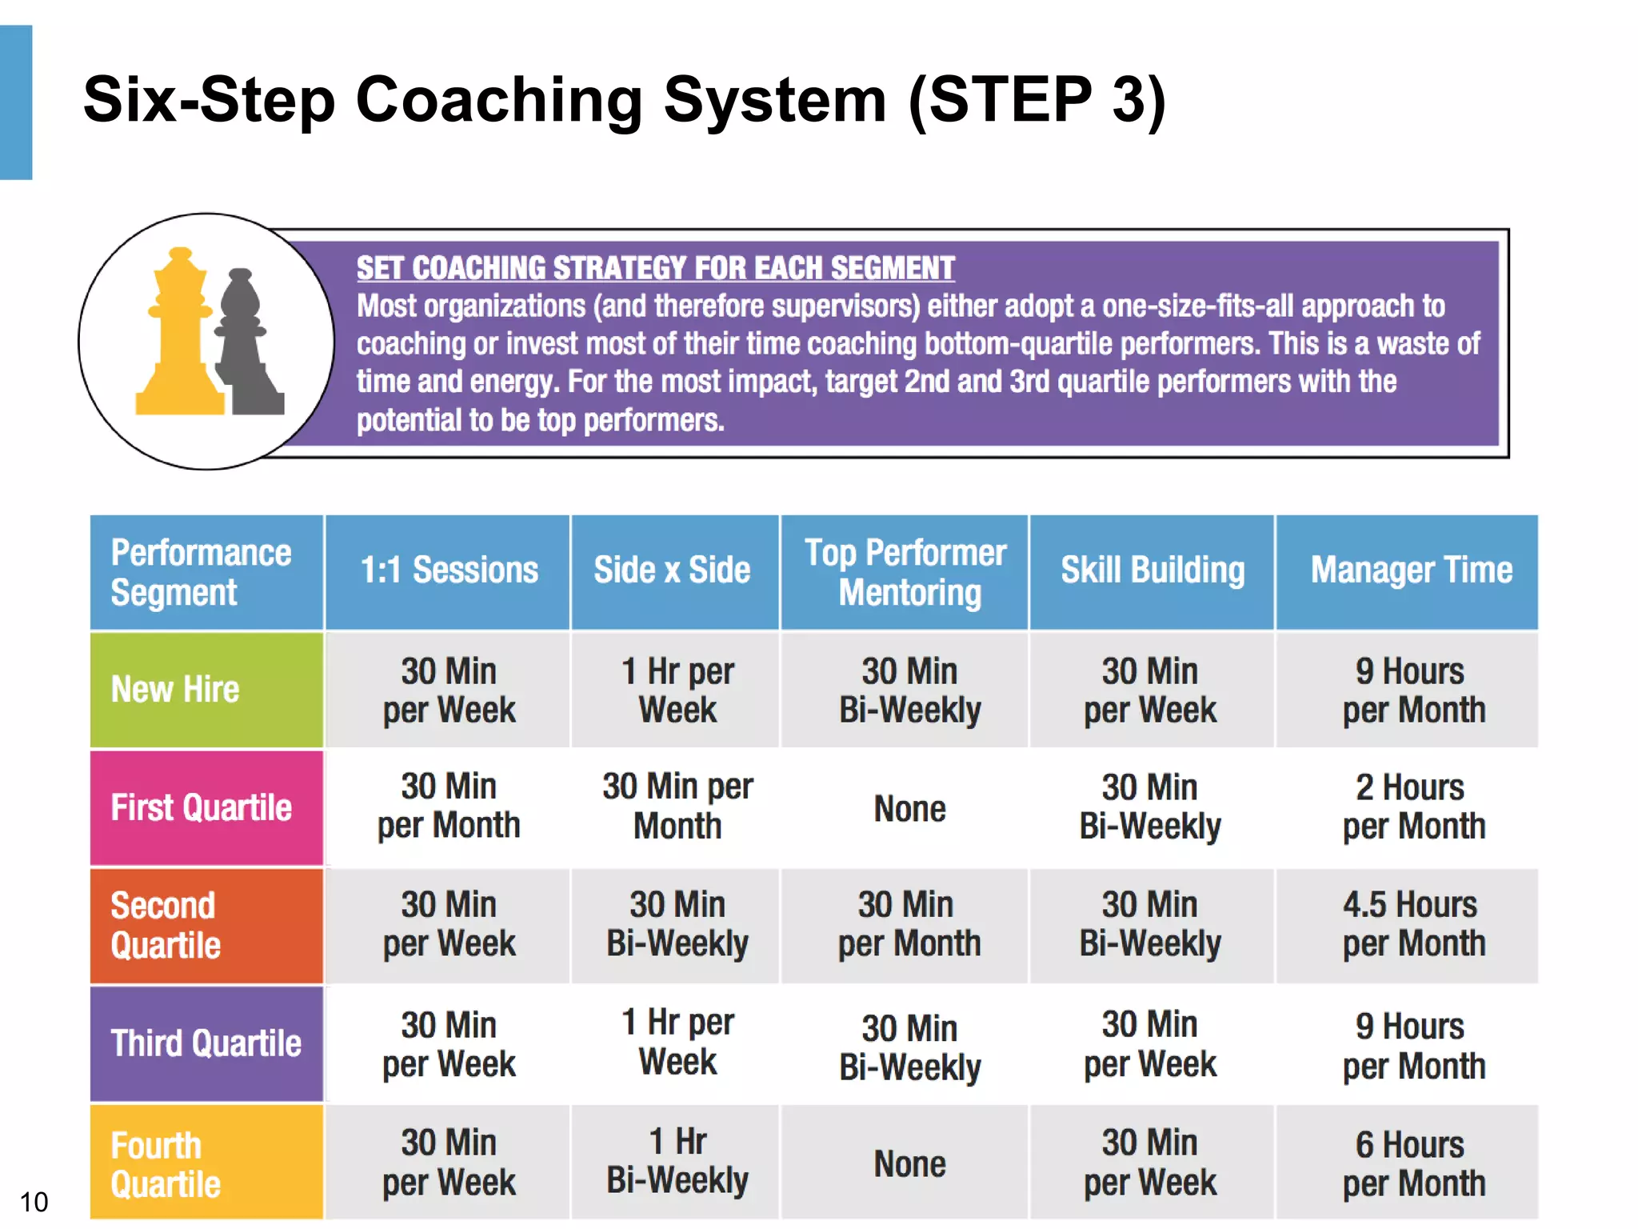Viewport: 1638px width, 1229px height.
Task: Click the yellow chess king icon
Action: point(181,336)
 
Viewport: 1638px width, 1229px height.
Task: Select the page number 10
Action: point(34,1202)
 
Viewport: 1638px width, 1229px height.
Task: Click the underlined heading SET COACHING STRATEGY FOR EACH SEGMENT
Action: point(655,268)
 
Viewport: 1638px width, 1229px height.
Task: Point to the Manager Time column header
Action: point(1411,571)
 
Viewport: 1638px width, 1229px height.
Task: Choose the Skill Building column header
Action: point(1152,571)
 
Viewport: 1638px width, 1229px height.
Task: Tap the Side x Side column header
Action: point(672,571)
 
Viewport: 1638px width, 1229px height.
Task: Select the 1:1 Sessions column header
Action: point(449,571)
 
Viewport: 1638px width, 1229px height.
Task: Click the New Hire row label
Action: point(175,690)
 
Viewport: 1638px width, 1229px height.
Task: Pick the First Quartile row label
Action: point(201,808)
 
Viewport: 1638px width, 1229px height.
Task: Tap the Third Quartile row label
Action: point(206,1044)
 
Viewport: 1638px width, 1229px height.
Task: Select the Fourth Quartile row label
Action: point(166,1164)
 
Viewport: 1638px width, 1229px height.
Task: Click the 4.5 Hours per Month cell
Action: point(1412,925)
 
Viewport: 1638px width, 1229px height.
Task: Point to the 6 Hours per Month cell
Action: point(1412,1164)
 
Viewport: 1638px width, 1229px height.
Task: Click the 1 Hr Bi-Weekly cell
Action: point(677,1161)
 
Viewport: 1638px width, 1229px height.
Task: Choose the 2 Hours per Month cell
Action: point(1412,807)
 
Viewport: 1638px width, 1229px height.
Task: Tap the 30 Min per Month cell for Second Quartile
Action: point(909,925)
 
